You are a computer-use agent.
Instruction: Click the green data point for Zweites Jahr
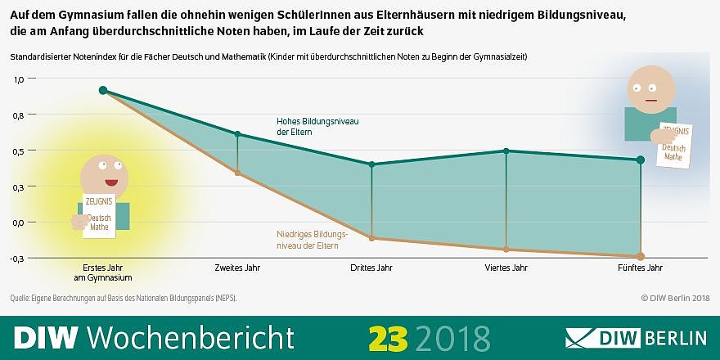point(237,134)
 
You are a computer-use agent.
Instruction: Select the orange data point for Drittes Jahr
point(372,238)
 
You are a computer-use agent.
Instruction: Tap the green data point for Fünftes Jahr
point(640,160)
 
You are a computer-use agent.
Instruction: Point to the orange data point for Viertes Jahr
point(506,249)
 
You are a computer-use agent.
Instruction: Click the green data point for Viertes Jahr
point(506,151)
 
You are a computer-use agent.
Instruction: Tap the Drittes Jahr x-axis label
point(372,268)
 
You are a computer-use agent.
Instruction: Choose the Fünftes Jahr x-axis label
point(641,268)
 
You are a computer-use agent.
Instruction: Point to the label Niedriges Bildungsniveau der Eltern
point(307,239)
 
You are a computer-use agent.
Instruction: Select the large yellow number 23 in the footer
point(388,337)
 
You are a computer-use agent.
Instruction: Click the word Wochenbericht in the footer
point(189,337)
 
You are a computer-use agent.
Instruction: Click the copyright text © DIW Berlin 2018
point(675,298)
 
